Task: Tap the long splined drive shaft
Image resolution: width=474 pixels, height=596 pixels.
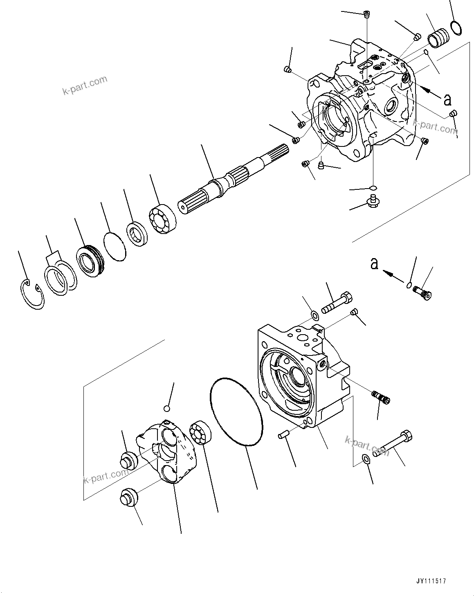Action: [x=229, y=180]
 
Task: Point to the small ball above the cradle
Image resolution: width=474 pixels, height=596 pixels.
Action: [x=166, y=408]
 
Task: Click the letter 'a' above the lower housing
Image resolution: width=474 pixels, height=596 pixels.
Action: [x=374, y=264]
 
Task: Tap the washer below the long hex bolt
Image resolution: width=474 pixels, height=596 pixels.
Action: [x=366, y=459]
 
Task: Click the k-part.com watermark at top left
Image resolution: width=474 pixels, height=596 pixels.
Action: [x=85, y=85]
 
